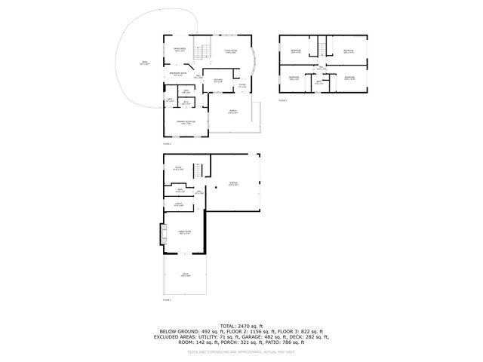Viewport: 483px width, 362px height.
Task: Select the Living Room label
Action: click(231, 51)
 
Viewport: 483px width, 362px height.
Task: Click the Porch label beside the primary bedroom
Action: click(233, 112)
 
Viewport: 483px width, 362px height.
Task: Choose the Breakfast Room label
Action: click(177, 75)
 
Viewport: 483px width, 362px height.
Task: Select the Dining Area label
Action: click(179, 50)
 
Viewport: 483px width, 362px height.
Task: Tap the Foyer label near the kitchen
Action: click(242, 86)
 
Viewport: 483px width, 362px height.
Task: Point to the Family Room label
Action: click(183, 232)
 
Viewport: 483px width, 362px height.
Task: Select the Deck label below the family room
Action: click(184, 275)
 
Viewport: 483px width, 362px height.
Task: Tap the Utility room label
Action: click(180, 204)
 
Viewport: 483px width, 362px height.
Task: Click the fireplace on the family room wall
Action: click(162, 235)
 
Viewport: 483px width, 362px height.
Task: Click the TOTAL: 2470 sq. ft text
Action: click(241, 324)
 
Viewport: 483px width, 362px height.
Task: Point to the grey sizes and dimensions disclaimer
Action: click(241, 351)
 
